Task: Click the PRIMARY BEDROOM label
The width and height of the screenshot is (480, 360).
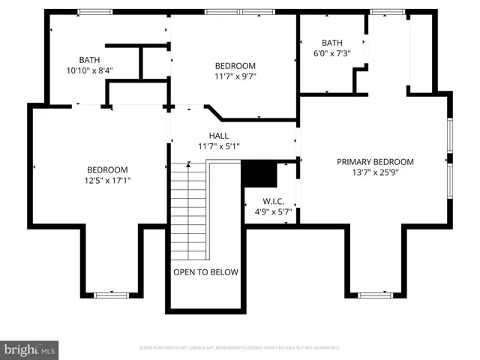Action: coord(375,161)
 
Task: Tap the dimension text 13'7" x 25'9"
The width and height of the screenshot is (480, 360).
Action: coord(375,172)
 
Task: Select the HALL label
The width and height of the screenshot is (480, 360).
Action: coord(218,135)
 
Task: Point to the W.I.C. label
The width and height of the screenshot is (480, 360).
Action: coord(271,201)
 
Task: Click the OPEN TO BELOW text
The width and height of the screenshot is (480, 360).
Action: coord(205,272)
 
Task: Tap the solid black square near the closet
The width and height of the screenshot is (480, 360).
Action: coord(259,175)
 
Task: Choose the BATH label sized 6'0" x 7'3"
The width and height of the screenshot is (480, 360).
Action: coord(331,43)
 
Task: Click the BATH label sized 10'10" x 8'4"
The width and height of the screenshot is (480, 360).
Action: coord(89,60)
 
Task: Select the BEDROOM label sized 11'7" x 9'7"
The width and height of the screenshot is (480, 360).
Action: coord(235,65)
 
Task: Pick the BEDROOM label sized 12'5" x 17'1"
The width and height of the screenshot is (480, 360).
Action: coord(106,169)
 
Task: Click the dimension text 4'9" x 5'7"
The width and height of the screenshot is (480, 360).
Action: coord(271,211)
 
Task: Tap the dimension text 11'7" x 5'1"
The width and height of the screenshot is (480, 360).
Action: coord(218,145)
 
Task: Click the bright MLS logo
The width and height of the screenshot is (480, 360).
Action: coord(29,349)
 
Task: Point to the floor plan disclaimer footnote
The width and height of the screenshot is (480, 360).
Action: coord(239,348)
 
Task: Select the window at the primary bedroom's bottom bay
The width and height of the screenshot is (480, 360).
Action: coord(375,295)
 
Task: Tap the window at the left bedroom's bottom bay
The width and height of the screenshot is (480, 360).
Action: coord(112,295)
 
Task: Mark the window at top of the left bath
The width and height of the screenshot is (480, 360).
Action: coord(90,11)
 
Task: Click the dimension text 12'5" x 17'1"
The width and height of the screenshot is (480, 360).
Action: coord(106,180)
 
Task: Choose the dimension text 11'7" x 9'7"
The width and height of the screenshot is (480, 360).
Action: coord(235,76)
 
